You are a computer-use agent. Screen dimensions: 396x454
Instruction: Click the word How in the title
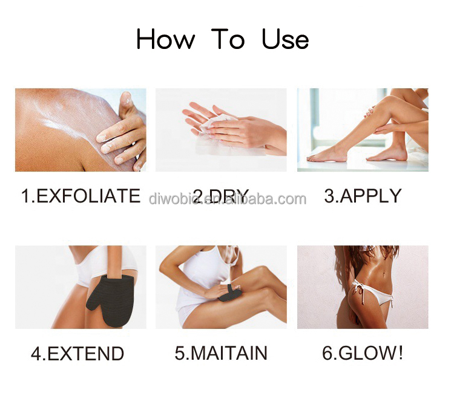[165, 40]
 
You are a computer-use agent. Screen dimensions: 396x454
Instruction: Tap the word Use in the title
[285, 40]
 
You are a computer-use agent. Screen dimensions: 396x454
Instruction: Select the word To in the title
[228, 40]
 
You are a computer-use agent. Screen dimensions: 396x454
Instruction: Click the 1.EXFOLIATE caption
[81, 196]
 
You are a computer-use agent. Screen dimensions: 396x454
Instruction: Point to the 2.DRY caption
[220, 196]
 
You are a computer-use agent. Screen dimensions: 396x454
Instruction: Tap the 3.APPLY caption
[363, 196]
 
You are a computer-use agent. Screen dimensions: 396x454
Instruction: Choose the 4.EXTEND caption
[77, 353]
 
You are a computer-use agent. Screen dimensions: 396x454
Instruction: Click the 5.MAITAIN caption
[221, 353]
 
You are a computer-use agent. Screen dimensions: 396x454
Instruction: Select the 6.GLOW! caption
[363, 353]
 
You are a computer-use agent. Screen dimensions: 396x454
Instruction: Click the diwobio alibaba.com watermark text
[228, 199]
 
